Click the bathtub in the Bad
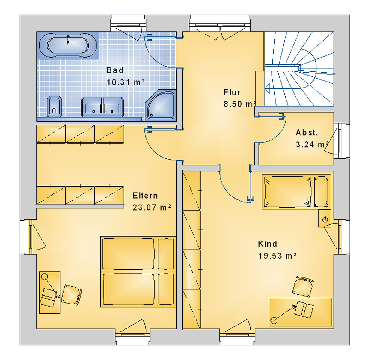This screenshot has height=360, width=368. (68, 45)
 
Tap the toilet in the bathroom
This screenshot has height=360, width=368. (54, 106)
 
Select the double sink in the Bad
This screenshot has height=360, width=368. (102, 106)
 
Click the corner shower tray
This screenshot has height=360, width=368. (161, 105)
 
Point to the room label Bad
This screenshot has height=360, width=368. (115, 70)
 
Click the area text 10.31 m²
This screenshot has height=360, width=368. (126, 82)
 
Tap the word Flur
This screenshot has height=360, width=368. (232, 92)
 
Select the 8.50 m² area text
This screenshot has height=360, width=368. (240, 104)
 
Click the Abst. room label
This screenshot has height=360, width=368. (307, 133)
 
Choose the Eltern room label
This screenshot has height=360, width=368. (145, 196)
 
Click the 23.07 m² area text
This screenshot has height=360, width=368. (152, 208)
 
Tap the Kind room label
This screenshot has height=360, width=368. (267, 244)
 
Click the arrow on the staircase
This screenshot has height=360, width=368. (267, 88)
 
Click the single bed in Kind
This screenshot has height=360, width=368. (296, 191)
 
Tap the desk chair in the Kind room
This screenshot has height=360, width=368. (302, 287)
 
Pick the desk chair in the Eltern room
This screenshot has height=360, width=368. (71, 295)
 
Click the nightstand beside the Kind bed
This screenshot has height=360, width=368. (325, 218)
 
